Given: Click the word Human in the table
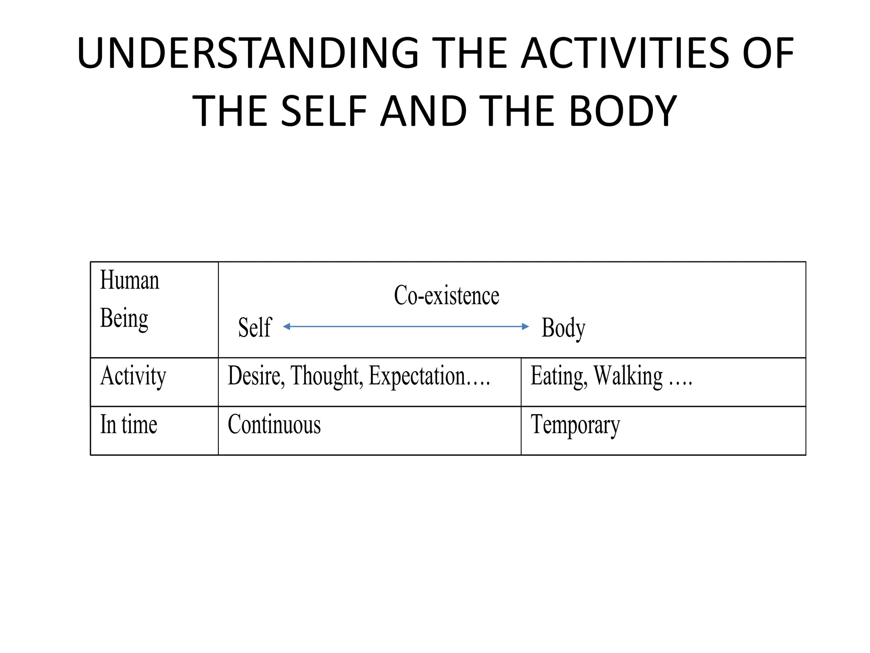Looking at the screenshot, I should (x=130, y=281).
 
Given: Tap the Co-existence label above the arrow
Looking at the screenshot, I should (x=446, y=295).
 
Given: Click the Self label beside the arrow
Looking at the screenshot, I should (x=254, y=327).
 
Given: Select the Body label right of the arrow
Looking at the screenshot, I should (x=563, y=328).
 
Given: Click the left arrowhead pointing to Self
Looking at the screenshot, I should (x=287, y=326).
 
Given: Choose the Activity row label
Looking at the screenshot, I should (x=133, y=376).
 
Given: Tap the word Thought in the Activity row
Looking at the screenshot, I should (x=327, y=376).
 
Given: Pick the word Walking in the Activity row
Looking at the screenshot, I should (x=628, y=376).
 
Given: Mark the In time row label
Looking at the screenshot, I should (x=128, y=425).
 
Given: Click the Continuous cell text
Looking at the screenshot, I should (x=274, y=425).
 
